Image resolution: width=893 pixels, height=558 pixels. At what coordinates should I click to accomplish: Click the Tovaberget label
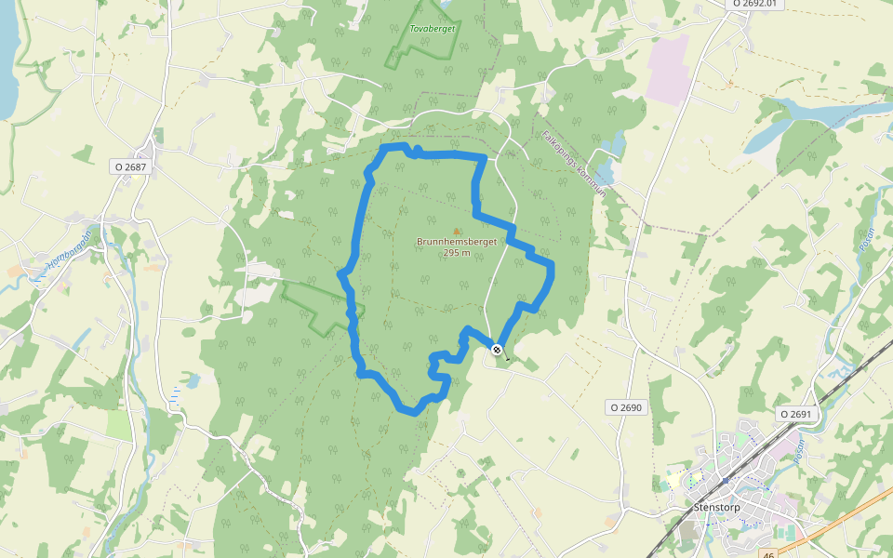point(432,29)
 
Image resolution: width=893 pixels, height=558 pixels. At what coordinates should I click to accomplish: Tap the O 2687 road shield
point(130,166)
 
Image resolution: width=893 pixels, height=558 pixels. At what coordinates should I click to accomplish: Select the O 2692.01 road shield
point(753,4)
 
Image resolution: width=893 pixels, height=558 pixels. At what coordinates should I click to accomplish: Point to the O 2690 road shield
point(626,407)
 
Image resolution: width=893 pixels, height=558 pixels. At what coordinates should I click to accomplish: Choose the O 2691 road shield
point(795,413)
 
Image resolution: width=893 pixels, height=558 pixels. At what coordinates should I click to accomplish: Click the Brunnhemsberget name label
point(457,242)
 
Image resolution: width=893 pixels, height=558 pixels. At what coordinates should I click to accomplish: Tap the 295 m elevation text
point(457,253)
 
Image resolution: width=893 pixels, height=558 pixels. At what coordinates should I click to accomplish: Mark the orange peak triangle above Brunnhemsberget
point(457,231)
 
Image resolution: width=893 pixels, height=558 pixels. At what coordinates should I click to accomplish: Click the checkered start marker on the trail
point(498,350)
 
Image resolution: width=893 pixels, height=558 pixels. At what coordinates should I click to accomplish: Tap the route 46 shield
point(767,554)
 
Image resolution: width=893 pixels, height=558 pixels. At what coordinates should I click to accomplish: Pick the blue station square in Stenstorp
point(724,480)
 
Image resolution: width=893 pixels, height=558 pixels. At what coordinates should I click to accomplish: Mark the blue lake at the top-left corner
point(7,56)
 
